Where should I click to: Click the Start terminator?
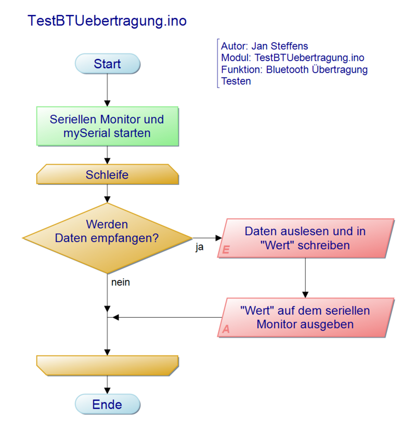[x=108, y=64]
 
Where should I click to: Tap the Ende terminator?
[x=108, y=404]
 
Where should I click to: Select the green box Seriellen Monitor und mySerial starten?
[x=107, y=126]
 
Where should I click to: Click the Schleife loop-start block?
[x=107, y=175]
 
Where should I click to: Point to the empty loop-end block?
[x=107, y=365]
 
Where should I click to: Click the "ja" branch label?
[x=200, y=248]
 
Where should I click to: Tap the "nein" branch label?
[x=121, y=282]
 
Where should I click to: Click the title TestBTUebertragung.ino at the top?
[x=107, y=21]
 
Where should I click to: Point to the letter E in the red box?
[x=226, y=250]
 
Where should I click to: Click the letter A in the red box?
[x=226, y=329]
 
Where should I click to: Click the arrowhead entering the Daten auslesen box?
[x=218, y=238]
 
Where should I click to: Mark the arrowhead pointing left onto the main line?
[x=116, y=317]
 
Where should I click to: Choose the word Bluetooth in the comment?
[x=287, y=70]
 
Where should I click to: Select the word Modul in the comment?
[x=233, y=58]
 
